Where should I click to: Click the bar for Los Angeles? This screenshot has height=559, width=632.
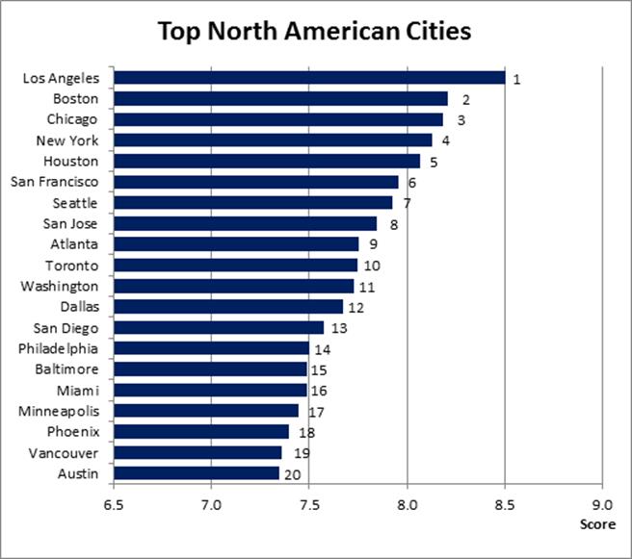(x=308, y=78)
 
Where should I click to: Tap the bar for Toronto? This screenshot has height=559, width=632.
(x=235, y=265)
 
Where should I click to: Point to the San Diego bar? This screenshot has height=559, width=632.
(x=218, y=328)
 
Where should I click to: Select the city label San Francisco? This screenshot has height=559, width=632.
(x=58, y=182)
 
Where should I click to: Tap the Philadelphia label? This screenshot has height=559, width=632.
(x=59, y=348)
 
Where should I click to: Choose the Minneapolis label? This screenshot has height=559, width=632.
(x=59, y=411)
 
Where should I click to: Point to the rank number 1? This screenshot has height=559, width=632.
(x=516, y=79)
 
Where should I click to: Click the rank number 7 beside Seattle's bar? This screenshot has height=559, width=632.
(x=408, y=204)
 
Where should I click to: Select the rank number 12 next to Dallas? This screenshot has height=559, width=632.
(x=356, y=308)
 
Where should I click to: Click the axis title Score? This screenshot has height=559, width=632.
(x=597, y=524)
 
